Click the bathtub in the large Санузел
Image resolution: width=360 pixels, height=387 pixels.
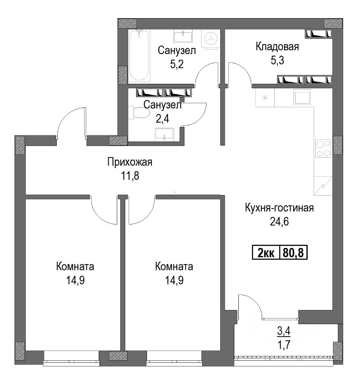point(139,56)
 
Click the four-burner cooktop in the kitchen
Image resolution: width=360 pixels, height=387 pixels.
point(323,148)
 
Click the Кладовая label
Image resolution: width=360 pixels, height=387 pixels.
point(277,46)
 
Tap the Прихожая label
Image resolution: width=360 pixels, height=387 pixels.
point(130,162)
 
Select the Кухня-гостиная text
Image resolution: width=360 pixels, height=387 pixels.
point(279,208)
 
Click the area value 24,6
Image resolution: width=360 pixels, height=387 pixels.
point(279,222)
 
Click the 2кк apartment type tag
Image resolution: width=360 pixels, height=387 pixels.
point(266,252)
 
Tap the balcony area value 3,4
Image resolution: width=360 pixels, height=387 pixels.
point(284,331)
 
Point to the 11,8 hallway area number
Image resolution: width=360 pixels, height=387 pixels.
point(130,176)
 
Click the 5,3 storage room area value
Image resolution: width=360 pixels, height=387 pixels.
point(277,60)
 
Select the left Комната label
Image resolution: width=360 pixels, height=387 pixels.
point(75,266)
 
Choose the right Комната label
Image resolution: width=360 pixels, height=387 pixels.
point(174,266)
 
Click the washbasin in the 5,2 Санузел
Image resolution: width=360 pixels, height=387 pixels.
point(183,36)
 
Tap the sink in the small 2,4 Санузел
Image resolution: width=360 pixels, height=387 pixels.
point(164,135)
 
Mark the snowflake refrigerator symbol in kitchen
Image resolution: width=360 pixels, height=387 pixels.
point(265,98)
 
